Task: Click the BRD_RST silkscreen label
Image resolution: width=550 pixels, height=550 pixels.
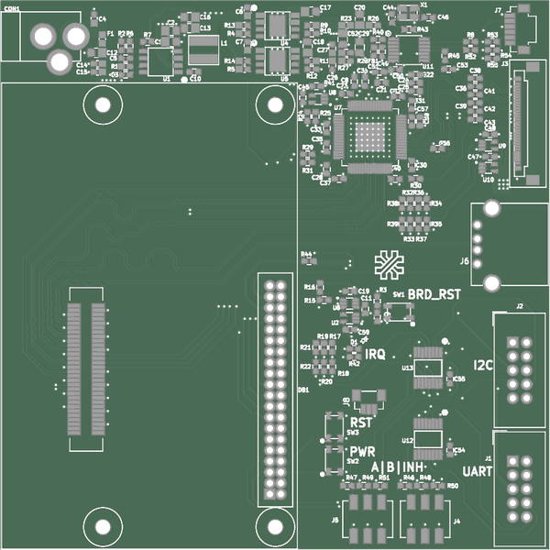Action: tap(434, 294)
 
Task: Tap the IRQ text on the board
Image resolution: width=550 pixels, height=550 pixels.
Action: tap(375, 354)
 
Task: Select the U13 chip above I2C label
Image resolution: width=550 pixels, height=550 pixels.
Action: tap(428, 362)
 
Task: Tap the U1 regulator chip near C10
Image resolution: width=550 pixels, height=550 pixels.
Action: tap(162, 61)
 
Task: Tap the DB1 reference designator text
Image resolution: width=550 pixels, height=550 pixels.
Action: tap(302, 389)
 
